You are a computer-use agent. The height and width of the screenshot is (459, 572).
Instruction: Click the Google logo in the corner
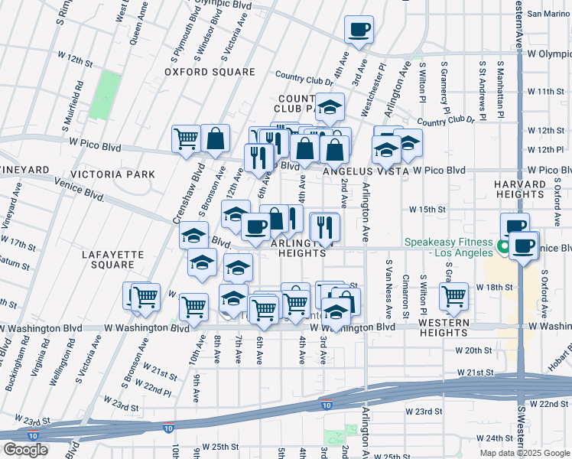point(25,450)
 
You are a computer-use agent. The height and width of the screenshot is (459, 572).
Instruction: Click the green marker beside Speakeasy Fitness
point(504,246)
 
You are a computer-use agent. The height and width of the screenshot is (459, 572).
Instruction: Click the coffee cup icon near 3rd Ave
point(359,31)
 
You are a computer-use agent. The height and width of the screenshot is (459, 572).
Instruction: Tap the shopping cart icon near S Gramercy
point(453,296)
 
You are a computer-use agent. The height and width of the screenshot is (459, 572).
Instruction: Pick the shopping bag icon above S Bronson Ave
point(216,138)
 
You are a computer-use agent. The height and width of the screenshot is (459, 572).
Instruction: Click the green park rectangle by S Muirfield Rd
point(105,96)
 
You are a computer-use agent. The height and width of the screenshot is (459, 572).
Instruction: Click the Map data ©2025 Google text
point(524,453)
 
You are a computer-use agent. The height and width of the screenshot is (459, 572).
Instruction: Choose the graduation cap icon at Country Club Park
point(330,108)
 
